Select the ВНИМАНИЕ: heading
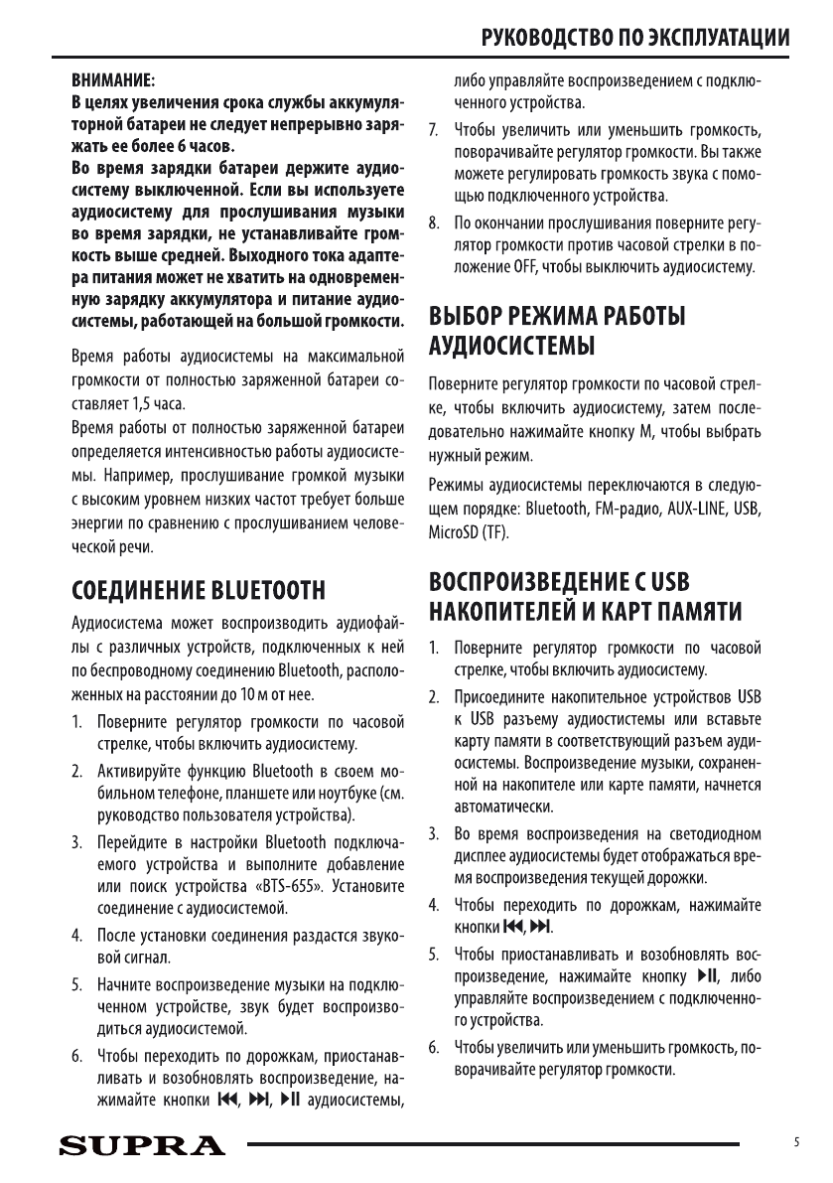pos(109,78)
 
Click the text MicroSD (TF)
pos(468,532)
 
